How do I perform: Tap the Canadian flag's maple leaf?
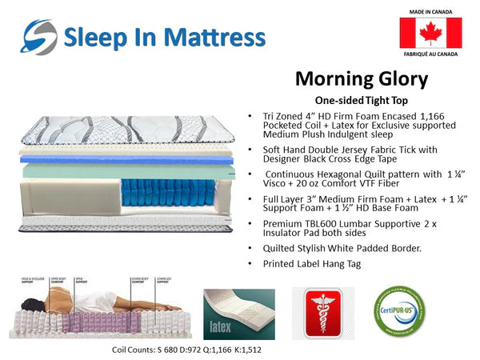pos(430,33)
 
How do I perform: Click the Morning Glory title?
pos(361,78)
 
